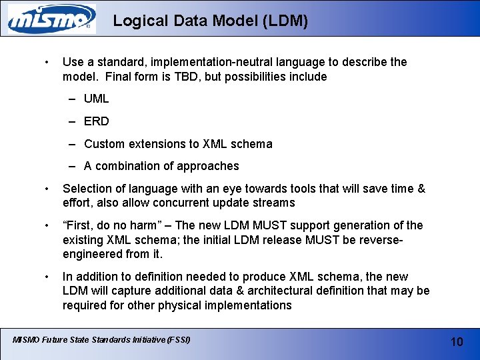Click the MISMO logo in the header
(x=51, y=19)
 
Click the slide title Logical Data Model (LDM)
(x=210, y=21)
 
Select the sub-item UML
(x=96, y=99)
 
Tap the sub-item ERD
(x=96, y=121)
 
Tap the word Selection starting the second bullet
(x=87, y=189)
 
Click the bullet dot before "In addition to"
(x=45, y=277)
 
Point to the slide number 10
(x=457, y=341)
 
